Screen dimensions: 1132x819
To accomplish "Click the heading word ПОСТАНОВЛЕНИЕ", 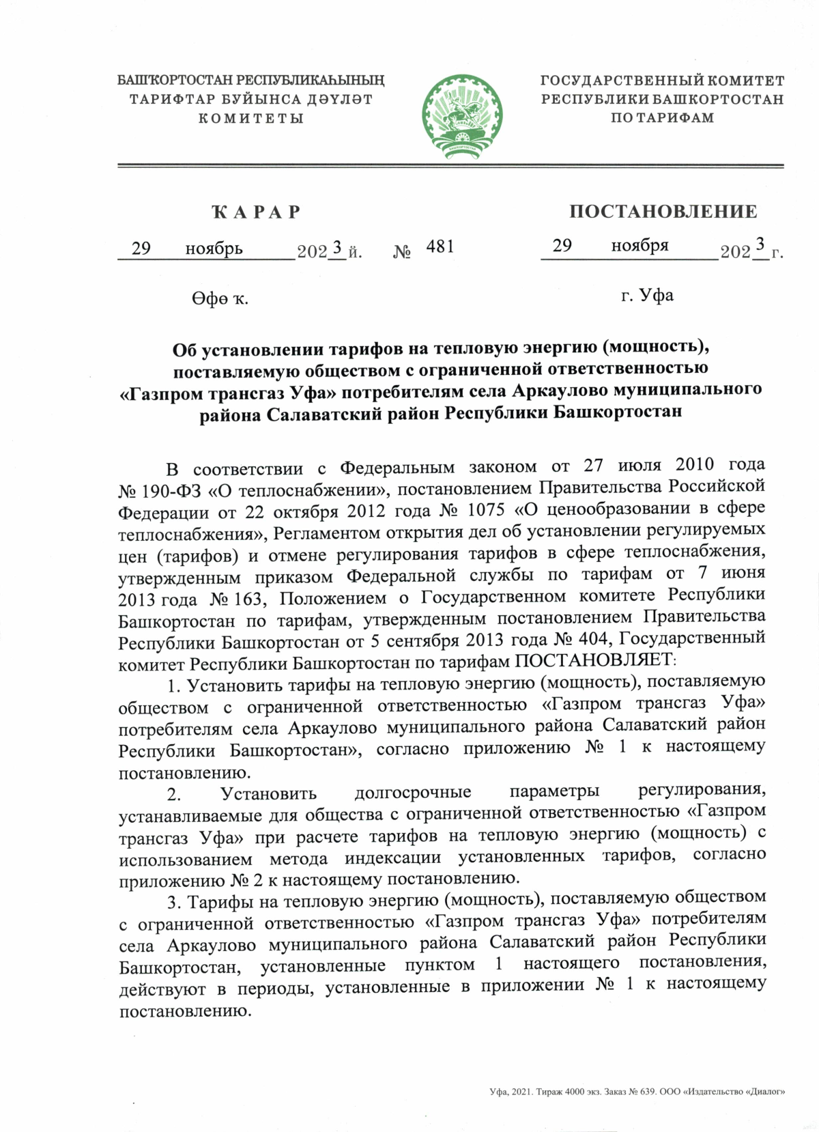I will coord(663,212).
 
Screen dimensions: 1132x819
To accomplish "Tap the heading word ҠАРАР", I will coord(257,212).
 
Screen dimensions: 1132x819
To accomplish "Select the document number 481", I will coord(440,246).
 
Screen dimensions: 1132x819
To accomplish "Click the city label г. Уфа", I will coord(647,296).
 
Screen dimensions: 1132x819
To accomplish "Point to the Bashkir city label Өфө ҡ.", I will coord(220,298).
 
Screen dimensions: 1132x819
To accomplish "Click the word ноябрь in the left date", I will coord(214,249).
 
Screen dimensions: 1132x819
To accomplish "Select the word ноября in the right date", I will coord(640,246).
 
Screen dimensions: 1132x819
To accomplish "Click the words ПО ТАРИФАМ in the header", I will coord(662,118).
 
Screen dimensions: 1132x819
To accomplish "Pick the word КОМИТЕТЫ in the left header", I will coord(250,119).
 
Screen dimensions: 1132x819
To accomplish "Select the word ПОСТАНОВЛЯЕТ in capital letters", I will coord(593,661).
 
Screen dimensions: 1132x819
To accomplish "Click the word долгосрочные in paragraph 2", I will coord(413,792).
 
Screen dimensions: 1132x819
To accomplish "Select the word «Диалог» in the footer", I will coord(765,1092).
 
